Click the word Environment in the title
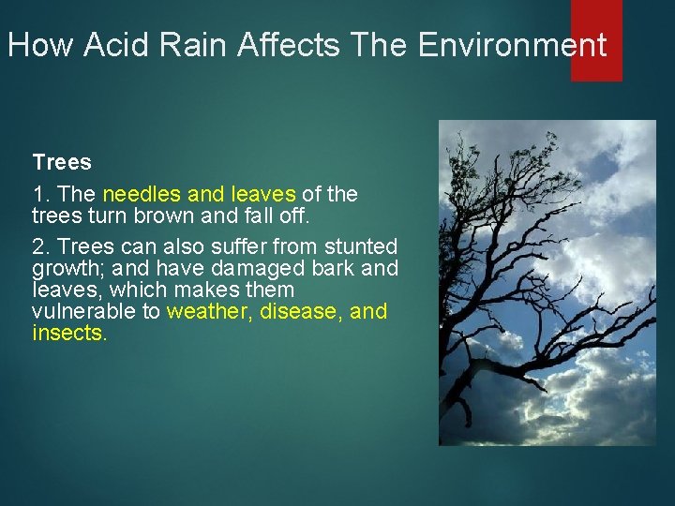click(x=512, y=45)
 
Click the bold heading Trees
click(x=62, y=162)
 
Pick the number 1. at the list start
click(x=41, y=194)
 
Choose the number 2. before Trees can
click(x=41, y=247)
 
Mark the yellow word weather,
click(x=209, y=311)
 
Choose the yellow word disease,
click(x=301, y=311)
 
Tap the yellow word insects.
click(x=69, y=333)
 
